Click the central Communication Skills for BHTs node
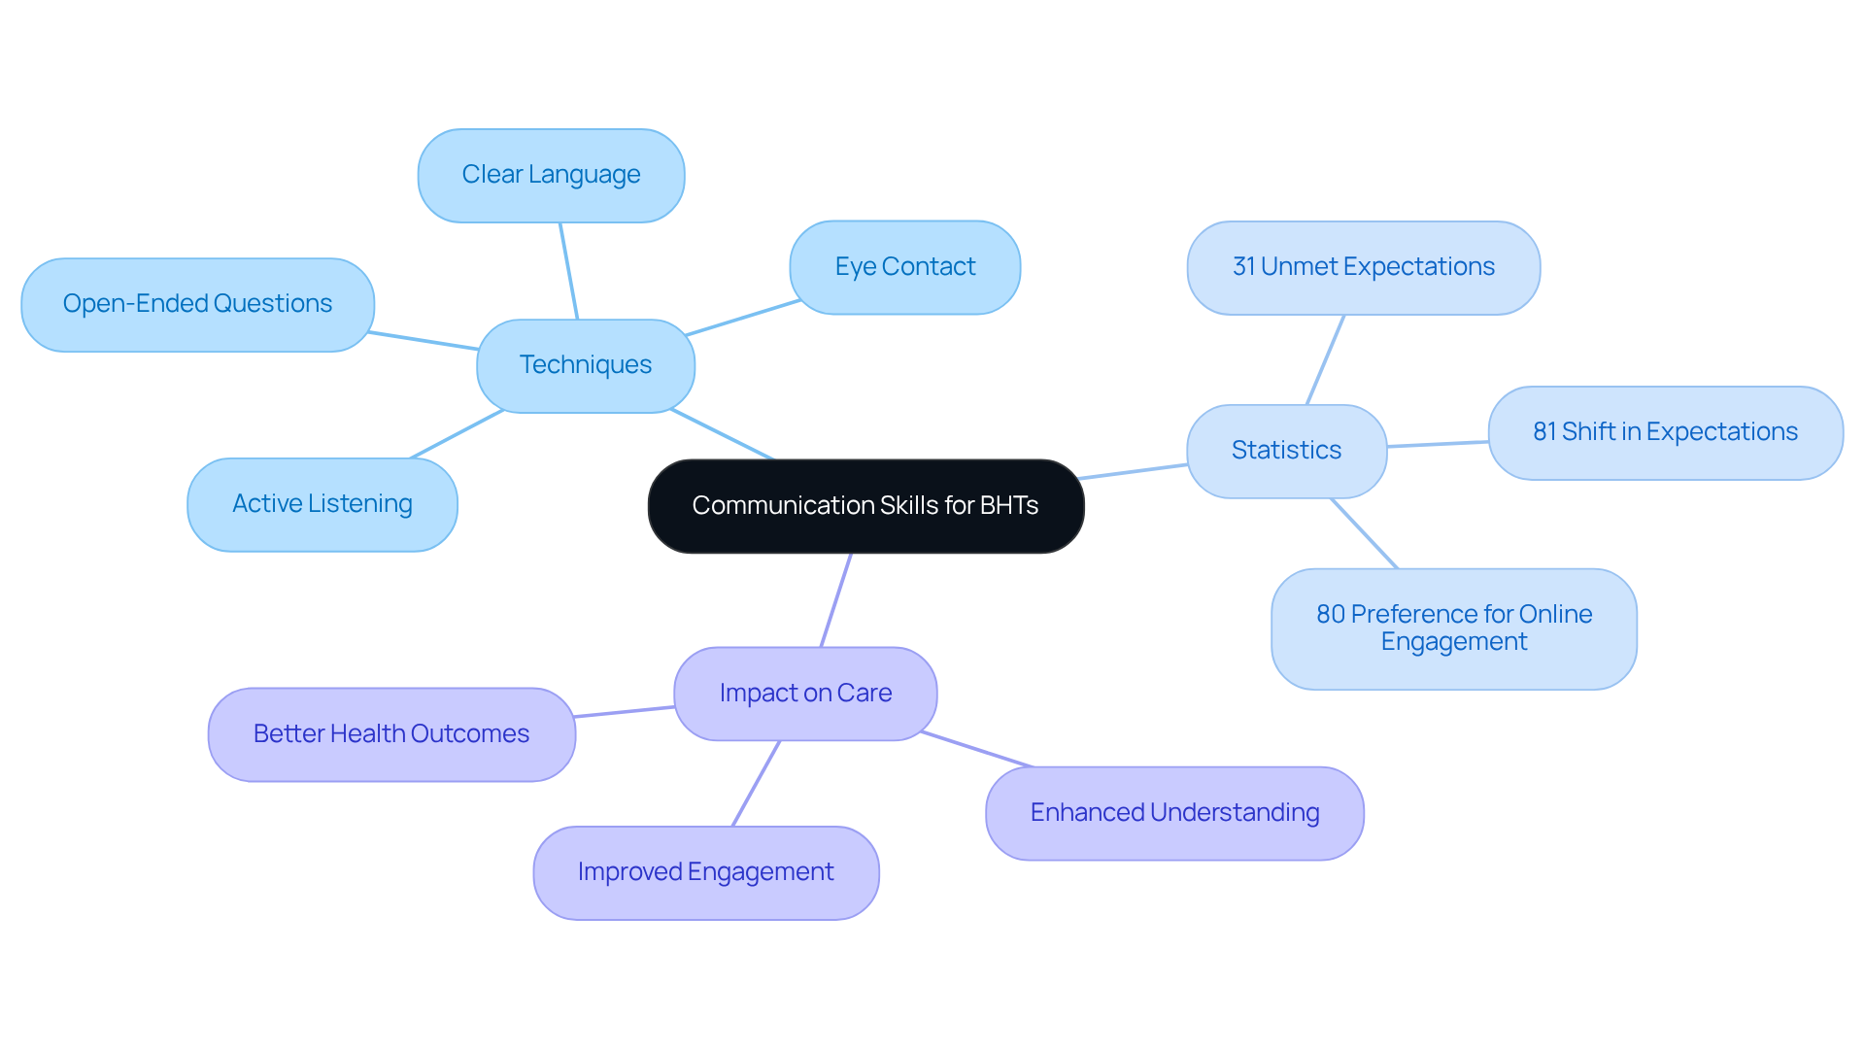pos(865,506)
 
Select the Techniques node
pos(586,365)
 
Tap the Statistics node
pos(1286,451)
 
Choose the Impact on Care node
pos(805,694)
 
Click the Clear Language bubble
pos(551,175)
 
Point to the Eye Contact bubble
pos(904,267)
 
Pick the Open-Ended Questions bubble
pos(197,304)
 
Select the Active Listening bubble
pos(322,504)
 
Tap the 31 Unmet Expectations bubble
pos(1363,267)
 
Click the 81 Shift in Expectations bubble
pos(1665,432)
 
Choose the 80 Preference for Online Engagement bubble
pos(1453,628)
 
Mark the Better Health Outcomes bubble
pos(391,734)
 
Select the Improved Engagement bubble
pos(705,872)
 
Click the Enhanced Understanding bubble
pos(1174,813)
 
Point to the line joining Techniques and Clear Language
pos(568,271)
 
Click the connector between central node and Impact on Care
pos(836,600)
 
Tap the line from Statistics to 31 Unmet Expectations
pos(1326,359)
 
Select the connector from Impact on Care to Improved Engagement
pos(756,784)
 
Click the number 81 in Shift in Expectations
pos(1543,432)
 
